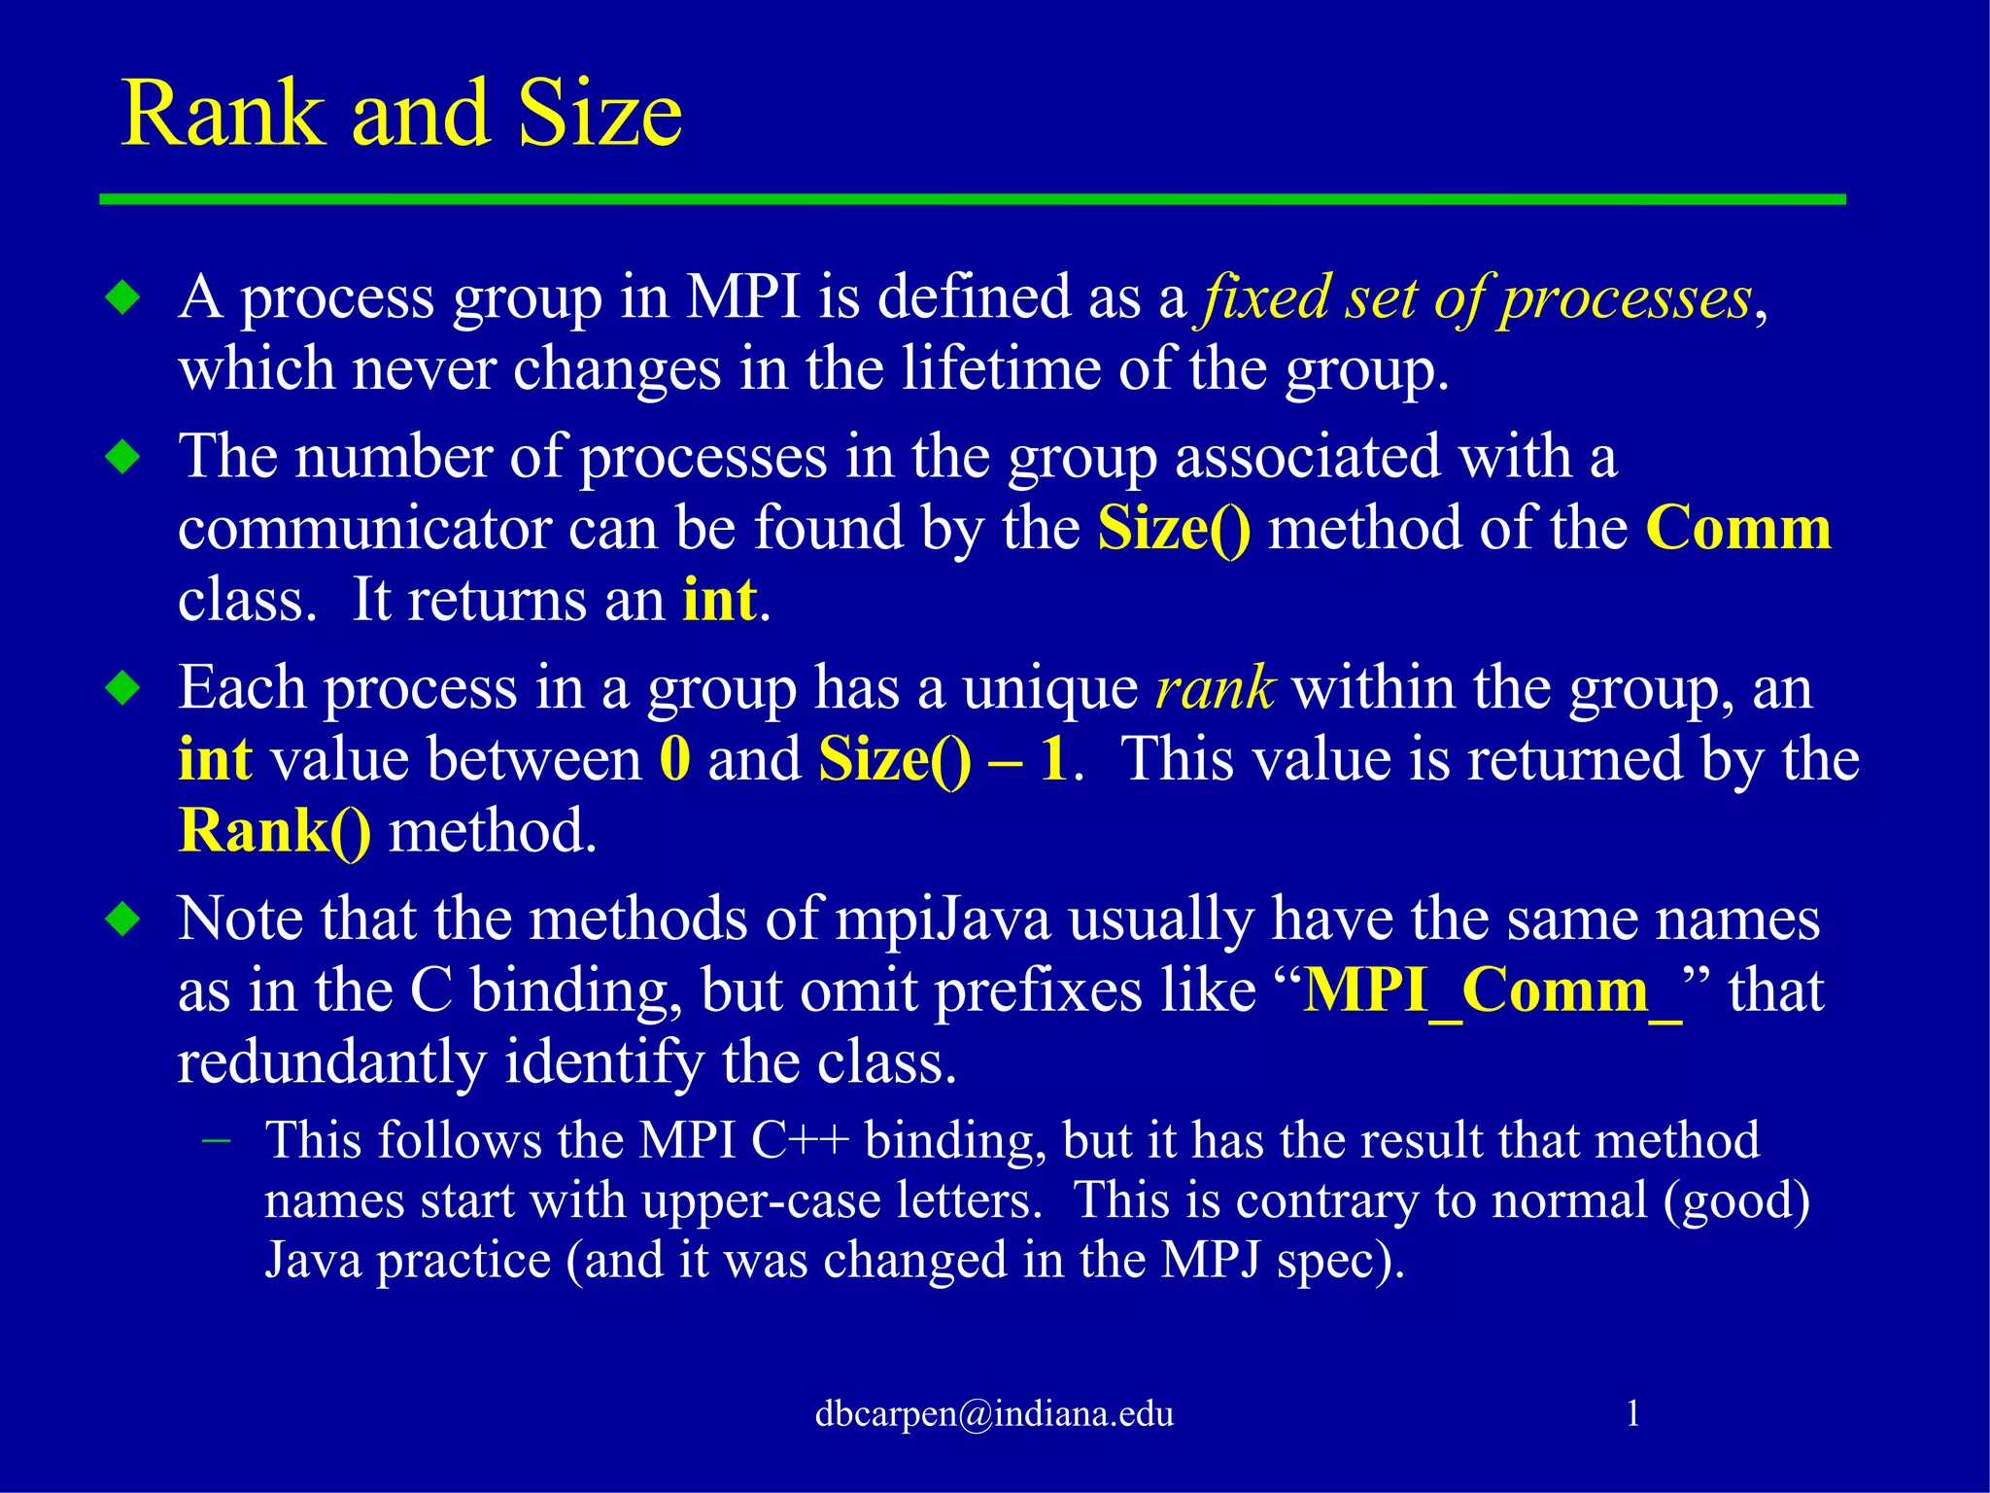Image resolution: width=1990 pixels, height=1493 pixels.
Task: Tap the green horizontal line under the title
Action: pyautogui.click(x=972, y=199)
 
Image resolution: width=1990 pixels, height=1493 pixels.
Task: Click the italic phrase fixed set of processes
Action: pyautogui.click(x=1478, y=297)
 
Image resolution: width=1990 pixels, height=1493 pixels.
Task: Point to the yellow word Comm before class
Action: pyautogui.click(x=1737, y=528)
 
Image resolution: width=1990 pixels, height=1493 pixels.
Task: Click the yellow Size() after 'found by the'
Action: pyautogui.click(x=1174, y=529)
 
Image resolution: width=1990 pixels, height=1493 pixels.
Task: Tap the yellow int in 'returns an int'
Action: pyautogui.click(x=719, y=600)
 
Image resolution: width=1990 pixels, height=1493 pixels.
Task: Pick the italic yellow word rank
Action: pyautogui.click(x=1215, y=688)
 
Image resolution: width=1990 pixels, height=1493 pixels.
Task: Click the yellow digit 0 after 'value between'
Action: pyautogui.click(x=674, y=759)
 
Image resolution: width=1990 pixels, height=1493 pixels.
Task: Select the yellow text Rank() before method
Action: pyautogui.click(x=275, y=831)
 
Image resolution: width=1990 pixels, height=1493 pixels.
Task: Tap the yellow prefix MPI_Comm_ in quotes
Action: pyautogui.click(x=1492, y=990)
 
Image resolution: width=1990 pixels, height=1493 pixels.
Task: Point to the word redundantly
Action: pyautogui.click(x=331, y=1061)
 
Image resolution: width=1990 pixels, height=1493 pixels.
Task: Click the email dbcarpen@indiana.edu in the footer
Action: pyautogui.click(x=994, y=1413)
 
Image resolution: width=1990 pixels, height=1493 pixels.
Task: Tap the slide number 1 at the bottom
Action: pyautogui.click(x=1633, y=1413)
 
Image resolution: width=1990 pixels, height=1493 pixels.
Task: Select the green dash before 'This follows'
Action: pyautogui.click(x=216, y=1140)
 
